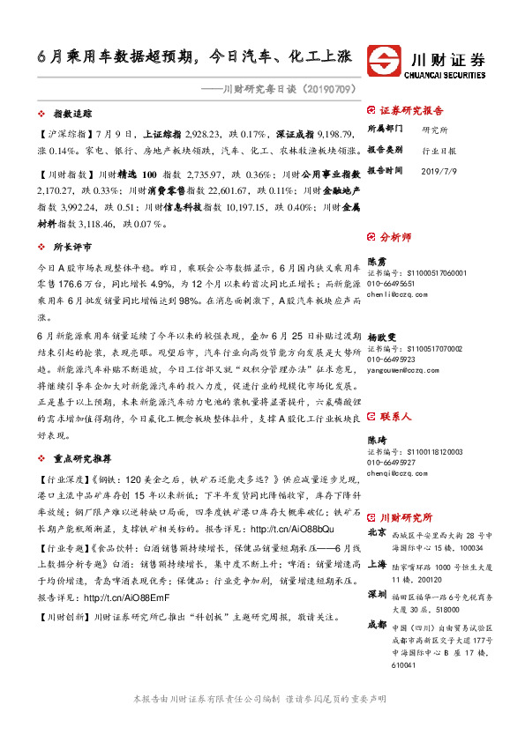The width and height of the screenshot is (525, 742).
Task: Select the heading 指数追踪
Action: click(73, 115)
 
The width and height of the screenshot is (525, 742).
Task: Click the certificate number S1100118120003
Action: click(439, 451)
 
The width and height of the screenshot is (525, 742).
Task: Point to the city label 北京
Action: click(377, 533)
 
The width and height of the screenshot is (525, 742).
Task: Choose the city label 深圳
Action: click(377, 596)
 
